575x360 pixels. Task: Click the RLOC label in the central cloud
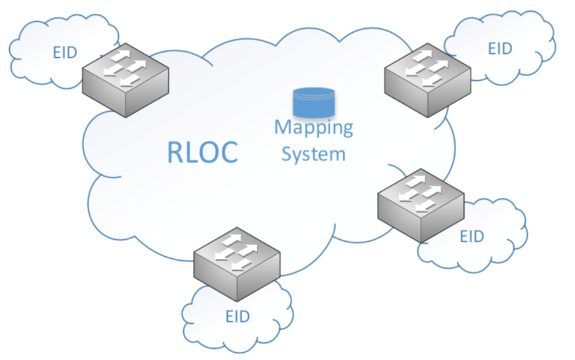202,151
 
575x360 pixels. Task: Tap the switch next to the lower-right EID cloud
421,206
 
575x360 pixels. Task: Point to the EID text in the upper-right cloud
500,49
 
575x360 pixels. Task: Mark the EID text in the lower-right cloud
471,236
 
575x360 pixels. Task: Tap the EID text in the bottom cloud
238,317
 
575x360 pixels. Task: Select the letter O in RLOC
208,152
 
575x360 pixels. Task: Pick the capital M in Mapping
282,127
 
